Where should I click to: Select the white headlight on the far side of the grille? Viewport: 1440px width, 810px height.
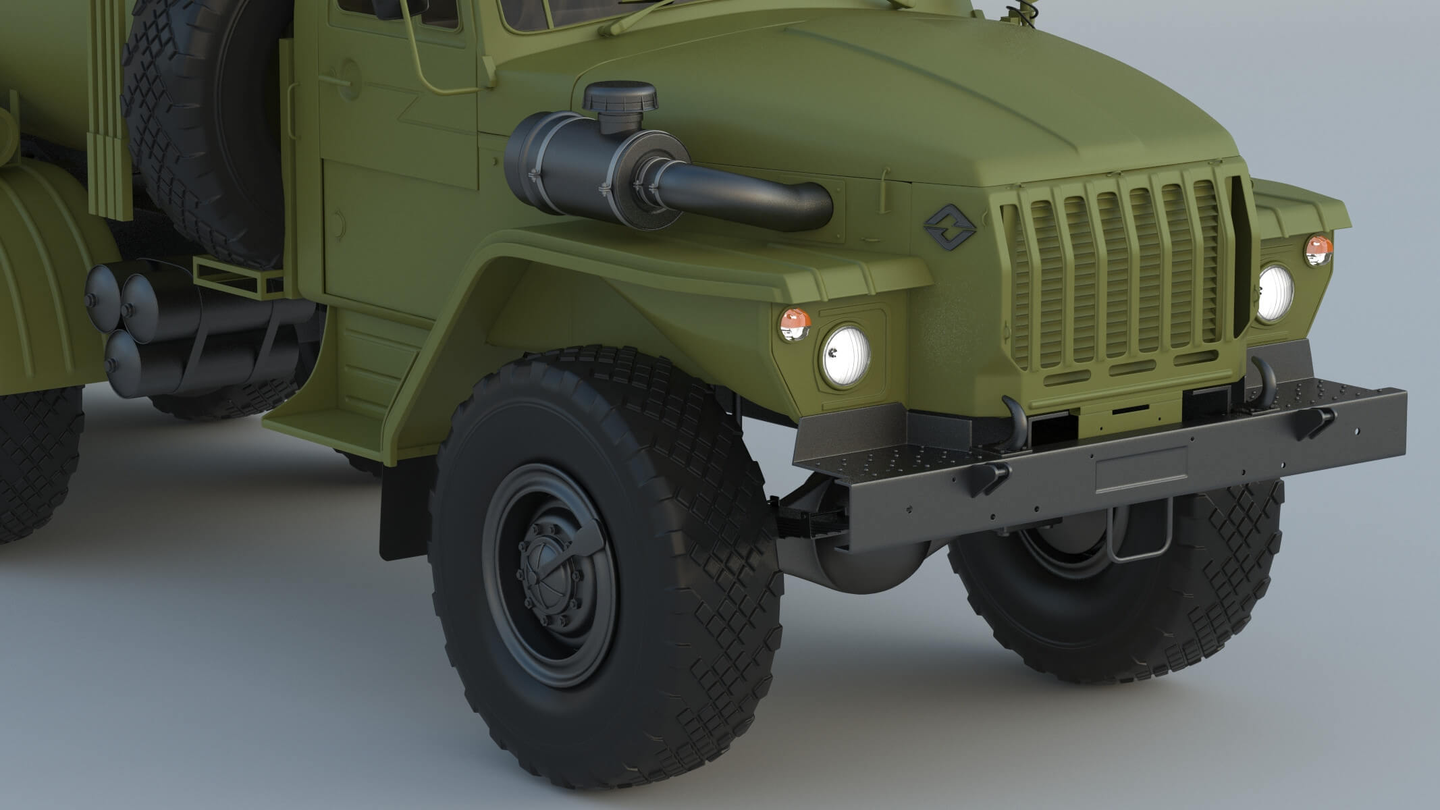1275,293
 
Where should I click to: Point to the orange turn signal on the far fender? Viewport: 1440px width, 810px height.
1318,250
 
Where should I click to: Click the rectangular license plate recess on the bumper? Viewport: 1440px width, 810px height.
1141,468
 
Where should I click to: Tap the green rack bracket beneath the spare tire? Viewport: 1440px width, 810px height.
230,277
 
